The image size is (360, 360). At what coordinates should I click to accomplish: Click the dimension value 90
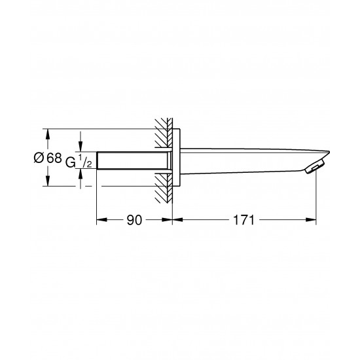[135, 220]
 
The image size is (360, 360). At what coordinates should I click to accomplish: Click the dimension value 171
[244, 220]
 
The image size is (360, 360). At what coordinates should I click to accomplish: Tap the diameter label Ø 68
[48, 158]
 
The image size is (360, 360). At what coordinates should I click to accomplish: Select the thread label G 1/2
[79, 161]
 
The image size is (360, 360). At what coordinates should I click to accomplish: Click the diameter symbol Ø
[39, 158]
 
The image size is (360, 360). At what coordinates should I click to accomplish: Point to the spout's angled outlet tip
[315, 166]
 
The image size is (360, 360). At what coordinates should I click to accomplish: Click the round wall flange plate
[176, 157]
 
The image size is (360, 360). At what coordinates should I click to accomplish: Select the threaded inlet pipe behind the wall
[132, 160]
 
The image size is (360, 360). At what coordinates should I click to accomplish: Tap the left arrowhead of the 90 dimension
[101, 220]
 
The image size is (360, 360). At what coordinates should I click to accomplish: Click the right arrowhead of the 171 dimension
[311, 220]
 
